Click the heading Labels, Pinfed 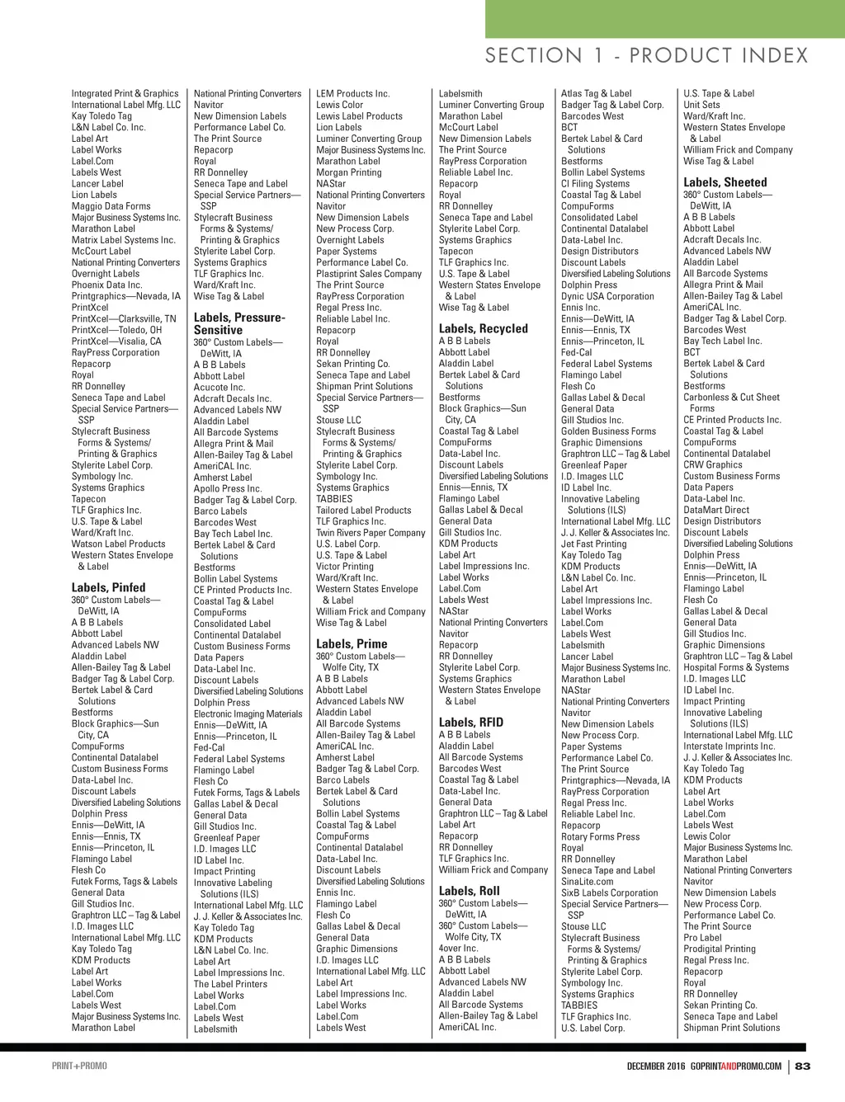point(108,588)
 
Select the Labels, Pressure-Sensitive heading point(239,323)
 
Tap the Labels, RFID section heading point(470,723)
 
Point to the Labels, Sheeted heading point(725,182)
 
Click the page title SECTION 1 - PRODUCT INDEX point(646,56)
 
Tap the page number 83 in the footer point(803,1066)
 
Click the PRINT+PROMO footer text point(79,1066)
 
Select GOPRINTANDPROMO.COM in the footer point(736,1066)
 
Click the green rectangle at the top point(664,18)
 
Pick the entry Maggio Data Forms point(111,206)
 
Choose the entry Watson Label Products point(118,544)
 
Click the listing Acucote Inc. point(219,387)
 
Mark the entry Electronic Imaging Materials point(248,714)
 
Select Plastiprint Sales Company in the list point(368,274)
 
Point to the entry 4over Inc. point(458,949)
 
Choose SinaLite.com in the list point(587,882)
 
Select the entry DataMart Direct point(716,510)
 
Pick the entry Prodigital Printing point(719,949)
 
